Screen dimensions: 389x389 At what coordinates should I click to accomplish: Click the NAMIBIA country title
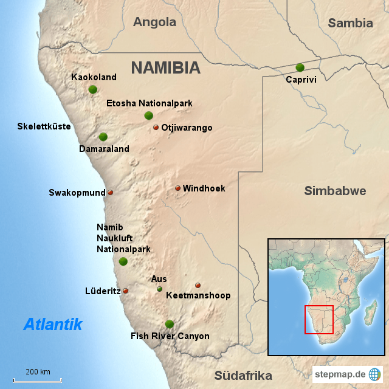[165, 67]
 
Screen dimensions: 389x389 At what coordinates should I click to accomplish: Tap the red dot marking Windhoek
[178, 188]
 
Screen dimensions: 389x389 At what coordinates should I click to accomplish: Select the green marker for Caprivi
[300, 67]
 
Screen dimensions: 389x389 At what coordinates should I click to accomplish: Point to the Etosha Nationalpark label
[149, 103]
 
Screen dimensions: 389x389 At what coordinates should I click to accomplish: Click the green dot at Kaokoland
[92, 89]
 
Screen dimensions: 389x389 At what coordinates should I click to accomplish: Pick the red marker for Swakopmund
[110, 193]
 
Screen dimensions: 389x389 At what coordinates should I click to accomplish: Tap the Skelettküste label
[44, 126]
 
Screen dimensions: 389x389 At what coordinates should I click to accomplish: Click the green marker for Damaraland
[103, 137]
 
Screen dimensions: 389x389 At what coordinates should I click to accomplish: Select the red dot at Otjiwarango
[156, 128]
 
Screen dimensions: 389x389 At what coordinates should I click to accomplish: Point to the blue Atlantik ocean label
[53, 324]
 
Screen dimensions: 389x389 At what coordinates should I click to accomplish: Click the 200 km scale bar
[37, 379]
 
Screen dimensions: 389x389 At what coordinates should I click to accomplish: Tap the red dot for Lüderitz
[126, 291]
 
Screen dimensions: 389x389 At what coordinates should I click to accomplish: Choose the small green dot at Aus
[159, 289]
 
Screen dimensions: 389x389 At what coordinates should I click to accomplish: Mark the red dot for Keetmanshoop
[198, 285]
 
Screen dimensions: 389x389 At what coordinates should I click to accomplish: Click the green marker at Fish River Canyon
[169, 324]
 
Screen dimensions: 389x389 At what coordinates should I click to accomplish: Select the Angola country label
[154, 22]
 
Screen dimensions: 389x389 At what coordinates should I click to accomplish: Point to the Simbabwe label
[335, 191]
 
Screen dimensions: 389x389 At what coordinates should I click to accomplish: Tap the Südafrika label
[243, 375]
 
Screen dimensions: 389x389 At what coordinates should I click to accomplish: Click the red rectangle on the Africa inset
[318, 319]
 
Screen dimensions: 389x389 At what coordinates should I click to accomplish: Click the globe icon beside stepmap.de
[375, 374]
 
